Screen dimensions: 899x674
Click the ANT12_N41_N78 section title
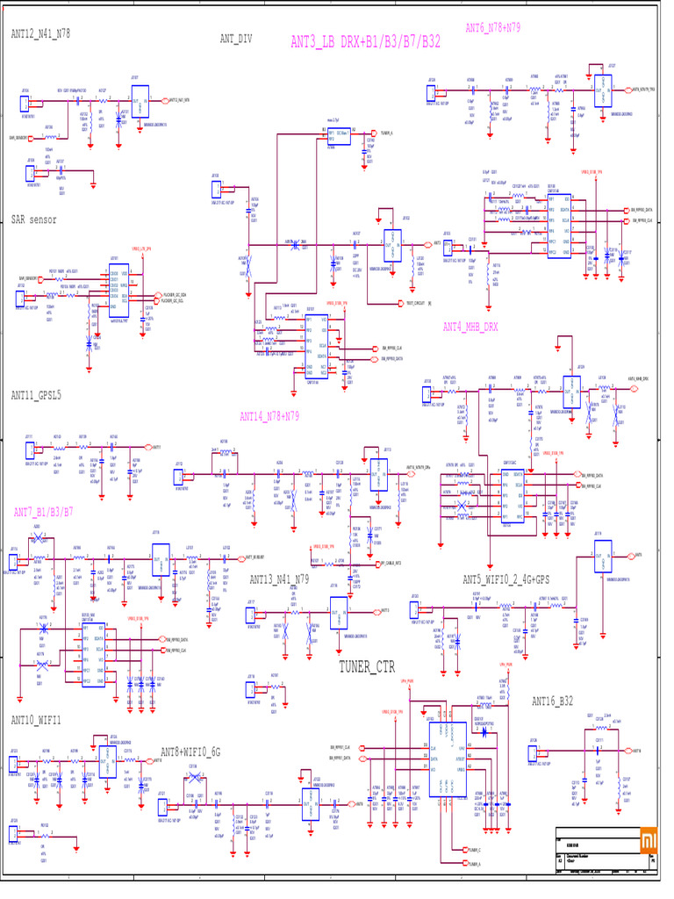click(x=40, y=34)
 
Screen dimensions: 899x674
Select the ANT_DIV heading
click(x=236, y=39)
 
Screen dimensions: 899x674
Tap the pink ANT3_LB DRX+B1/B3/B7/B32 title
click(x=365, y=41)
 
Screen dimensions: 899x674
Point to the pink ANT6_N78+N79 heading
click(x=492, y=27)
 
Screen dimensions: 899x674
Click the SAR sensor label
click(x=33, y=219)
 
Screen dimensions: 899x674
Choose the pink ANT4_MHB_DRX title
click(x=470, y=327)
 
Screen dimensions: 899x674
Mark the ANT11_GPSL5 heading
click(x=36, y=396)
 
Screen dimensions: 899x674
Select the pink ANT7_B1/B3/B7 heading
click(x=43, y=511)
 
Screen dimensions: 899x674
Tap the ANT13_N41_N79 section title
click(x=279, y=579)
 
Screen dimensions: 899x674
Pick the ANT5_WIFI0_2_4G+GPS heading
click(x=506, y=579)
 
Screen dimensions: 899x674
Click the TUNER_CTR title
click(x=367, y=667)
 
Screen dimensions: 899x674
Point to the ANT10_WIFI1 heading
click(x=36, y=720)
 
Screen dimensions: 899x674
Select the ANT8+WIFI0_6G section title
click(x=190, y=752)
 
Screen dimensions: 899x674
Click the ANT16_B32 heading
click(x=552, y=701)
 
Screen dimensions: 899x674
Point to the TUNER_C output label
click(x=475, y=850)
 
